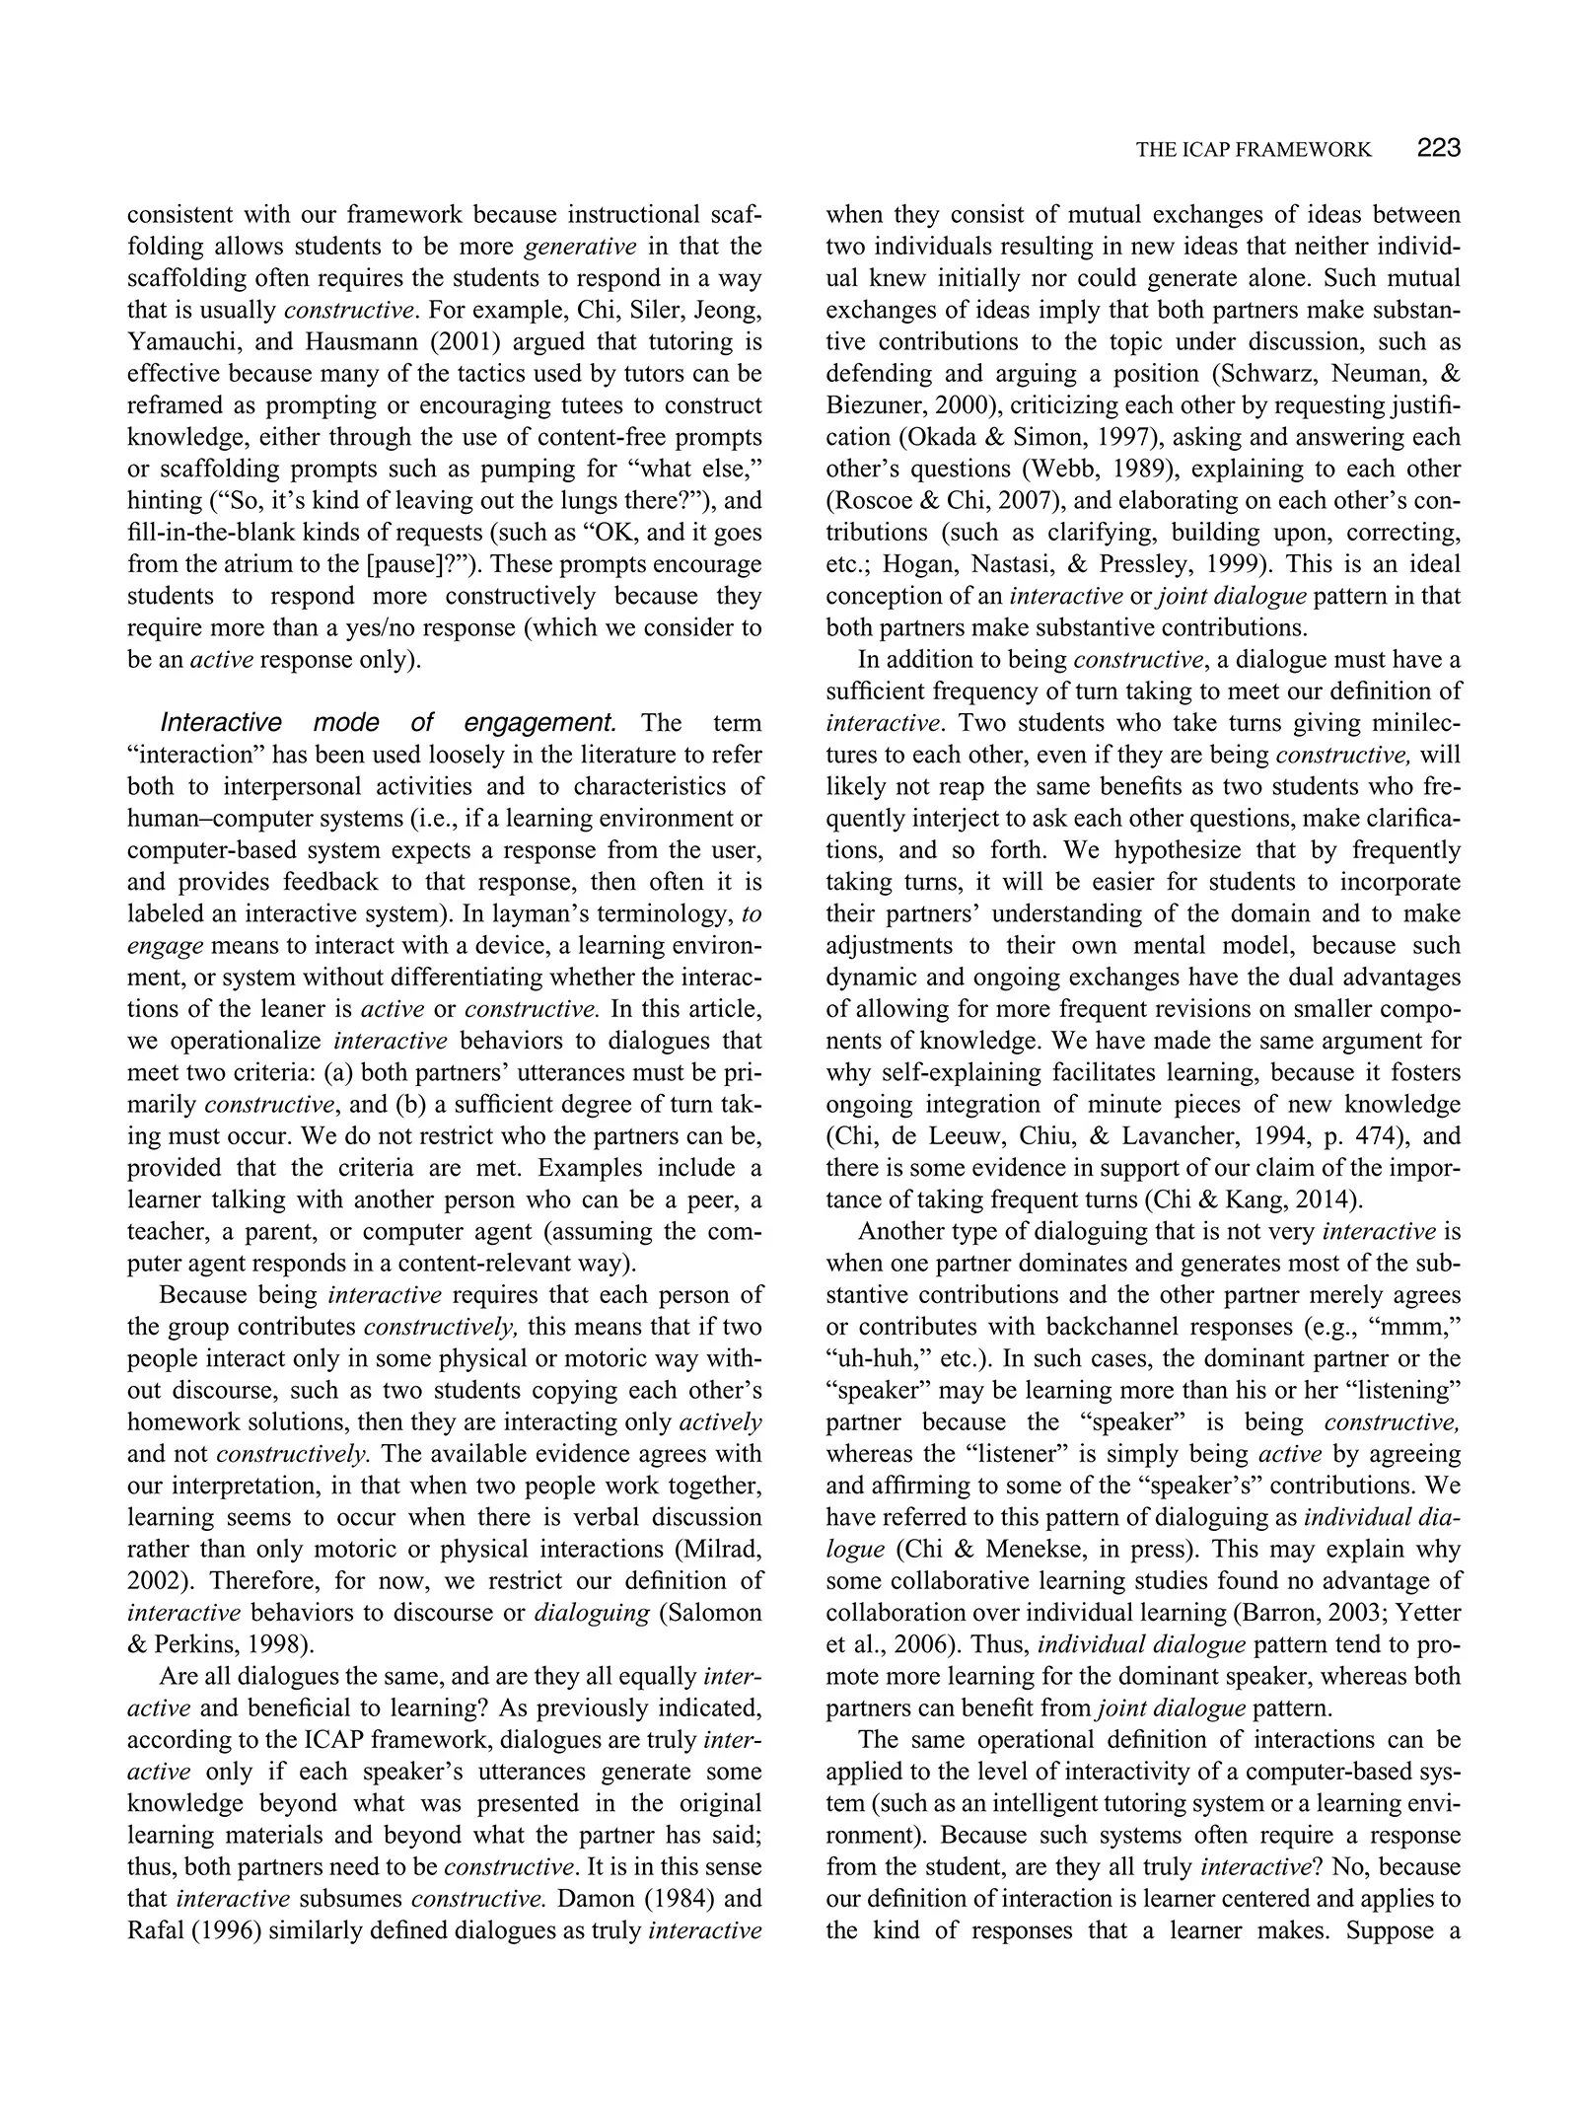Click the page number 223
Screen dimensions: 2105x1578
point(1438,148)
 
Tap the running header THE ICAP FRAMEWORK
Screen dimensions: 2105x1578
point(1253,150)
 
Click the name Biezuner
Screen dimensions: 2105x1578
point(869,405)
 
